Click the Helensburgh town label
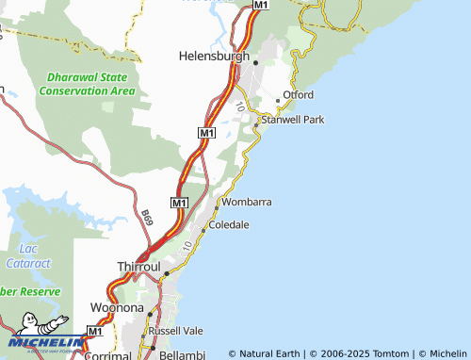click(x=214, y=56)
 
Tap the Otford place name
click(x=298, y=95)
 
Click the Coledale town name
click(x=229, y=225)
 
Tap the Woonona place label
click(x=116, y=308)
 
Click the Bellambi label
click(x=181, y=355)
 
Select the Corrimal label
click(x=107, y=355)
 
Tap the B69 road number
click(x=146, y=218)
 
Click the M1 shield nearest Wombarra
click(x=180, y=203)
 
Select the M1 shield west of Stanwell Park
click(x=207, y=135)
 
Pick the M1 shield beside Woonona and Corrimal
click(x=94, y=331)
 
